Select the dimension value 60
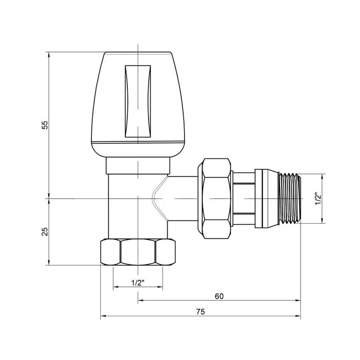tap(218, 296)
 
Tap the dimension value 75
tap(200, 312)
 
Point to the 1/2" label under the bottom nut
tap(138, 282)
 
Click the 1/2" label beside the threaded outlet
tap(318, 198)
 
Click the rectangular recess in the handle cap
tap(138, 102)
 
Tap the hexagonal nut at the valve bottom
tap(138, 252)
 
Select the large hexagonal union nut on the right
tap(216, 198)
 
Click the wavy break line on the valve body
tap(158, 198)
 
